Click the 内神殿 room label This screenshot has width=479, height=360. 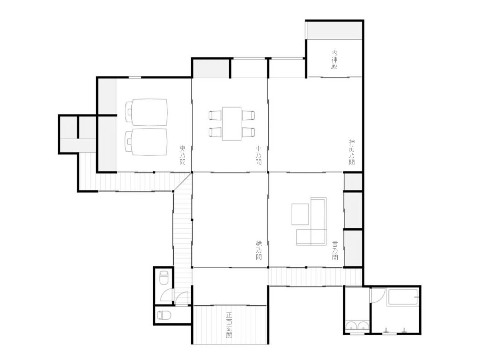tap(334, 60)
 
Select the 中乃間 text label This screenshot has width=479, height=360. tap(258, 155)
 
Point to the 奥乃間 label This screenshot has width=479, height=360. tap(182, 155)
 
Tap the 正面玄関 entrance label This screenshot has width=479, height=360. tap(229, 325)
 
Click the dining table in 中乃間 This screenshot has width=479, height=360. tap(232, 124)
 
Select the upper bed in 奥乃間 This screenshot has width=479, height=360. tap(146, 112)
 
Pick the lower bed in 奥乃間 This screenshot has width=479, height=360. tap(146, 142)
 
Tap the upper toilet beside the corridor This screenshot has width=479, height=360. tap(164, 277)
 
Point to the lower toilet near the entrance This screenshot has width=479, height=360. tap(164, 315)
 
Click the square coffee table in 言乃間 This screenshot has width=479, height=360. tap(300, 214)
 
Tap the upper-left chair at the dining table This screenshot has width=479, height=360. tap(215, 115)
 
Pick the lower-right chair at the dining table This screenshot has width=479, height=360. tap(248, 132)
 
